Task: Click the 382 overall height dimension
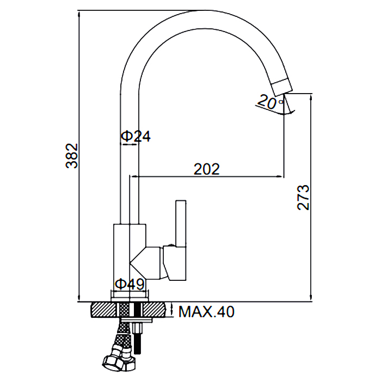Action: point(72,156)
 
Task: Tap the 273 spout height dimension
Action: point(303,197)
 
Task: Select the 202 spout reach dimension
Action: point(206,169)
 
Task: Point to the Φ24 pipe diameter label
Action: point(136,136)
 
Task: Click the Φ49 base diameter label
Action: point(130,284)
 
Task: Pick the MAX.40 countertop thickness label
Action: point(206,311)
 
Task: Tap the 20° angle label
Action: point(270,102)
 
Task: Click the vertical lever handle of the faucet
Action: point(181,223)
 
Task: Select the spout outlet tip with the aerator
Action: point(282,87)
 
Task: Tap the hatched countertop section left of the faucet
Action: point(104,310)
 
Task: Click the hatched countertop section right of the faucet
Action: point(154,310)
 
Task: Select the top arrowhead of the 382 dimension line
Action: point(79,14)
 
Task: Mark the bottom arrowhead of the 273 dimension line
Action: point(311,298)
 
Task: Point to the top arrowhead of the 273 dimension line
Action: point(311,97)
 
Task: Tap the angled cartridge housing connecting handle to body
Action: point(145,263)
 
